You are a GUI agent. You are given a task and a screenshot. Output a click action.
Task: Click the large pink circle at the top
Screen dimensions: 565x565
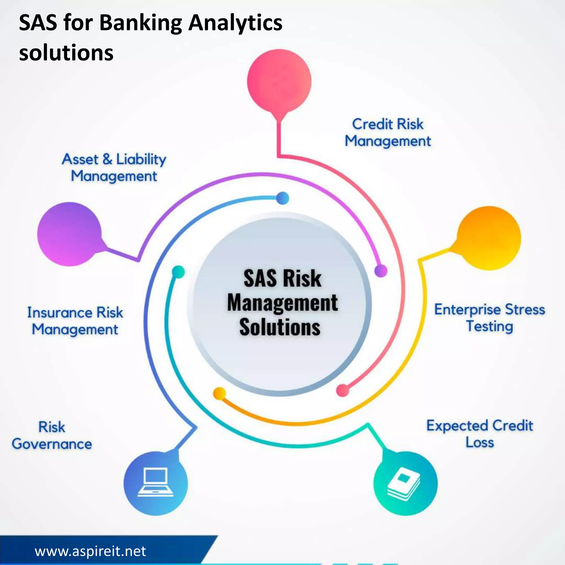279,81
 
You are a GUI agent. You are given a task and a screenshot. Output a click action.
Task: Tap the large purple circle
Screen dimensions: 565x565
70,234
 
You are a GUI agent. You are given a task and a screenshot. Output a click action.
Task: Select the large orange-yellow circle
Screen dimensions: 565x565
489,238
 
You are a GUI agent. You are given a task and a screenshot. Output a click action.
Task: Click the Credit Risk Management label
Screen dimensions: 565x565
388,132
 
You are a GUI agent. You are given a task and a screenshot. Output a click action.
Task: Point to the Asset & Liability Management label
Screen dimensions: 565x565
114,167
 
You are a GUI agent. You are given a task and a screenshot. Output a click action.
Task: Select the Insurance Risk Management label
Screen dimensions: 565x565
75,321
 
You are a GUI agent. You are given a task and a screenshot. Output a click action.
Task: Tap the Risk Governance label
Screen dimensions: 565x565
52,435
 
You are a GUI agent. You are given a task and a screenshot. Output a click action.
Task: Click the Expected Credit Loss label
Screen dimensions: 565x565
479,434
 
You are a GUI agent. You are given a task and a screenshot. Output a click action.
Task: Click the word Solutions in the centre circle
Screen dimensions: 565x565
280,327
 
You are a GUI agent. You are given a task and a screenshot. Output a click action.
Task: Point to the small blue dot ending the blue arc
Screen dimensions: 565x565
282,198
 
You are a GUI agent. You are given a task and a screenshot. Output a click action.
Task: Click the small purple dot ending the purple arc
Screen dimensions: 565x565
381,271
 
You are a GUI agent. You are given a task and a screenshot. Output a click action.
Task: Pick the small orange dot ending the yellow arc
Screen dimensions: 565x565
219,393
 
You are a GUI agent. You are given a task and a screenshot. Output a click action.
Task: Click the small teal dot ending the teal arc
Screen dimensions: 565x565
178,272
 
